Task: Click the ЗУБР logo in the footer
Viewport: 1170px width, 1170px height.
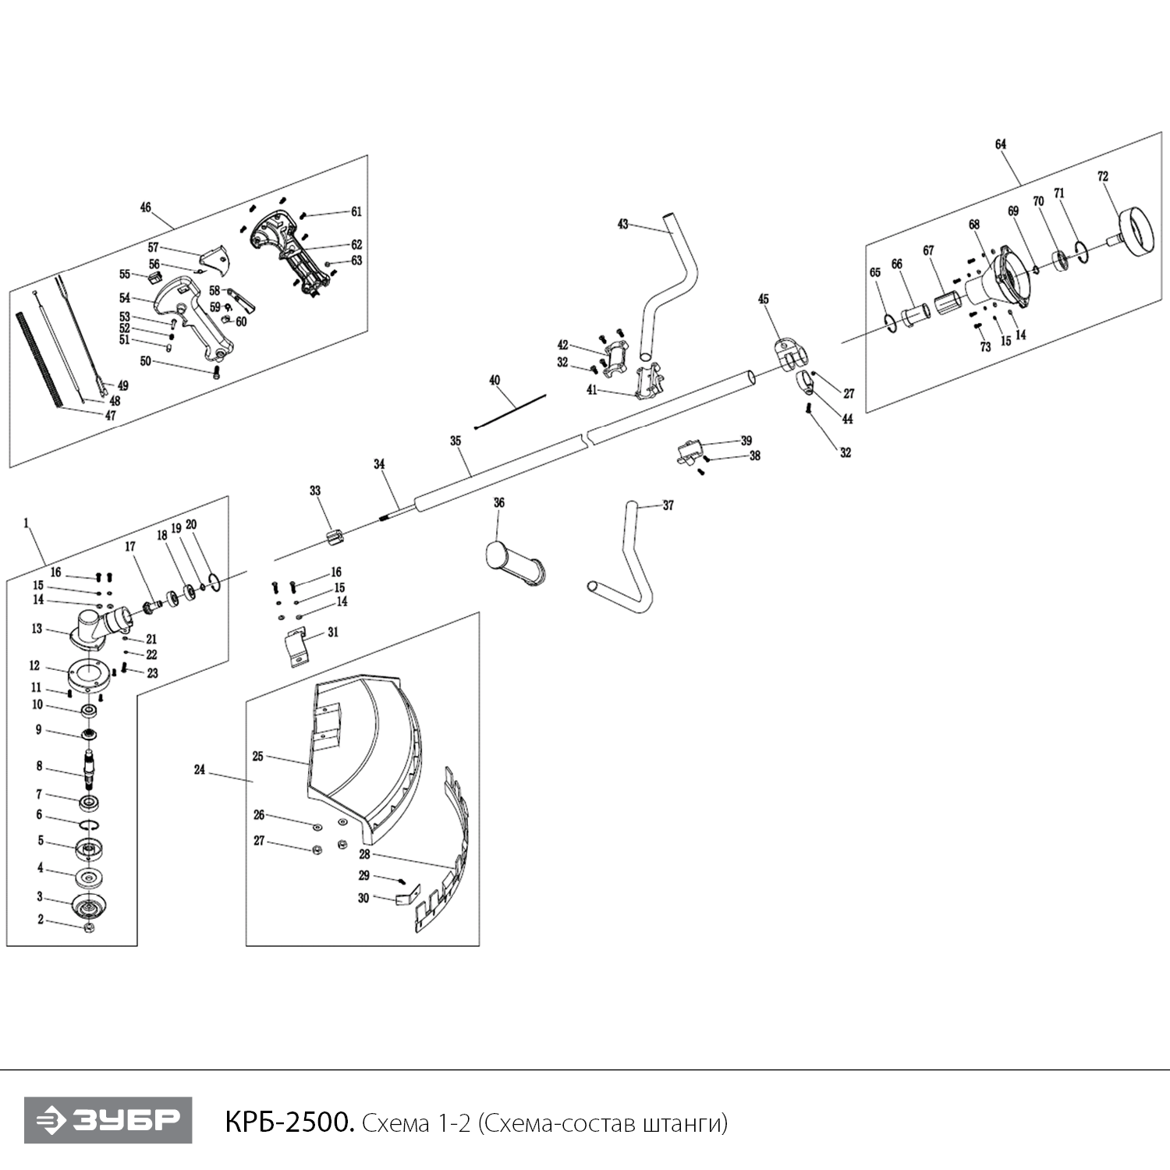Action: click(x=108, y=1121)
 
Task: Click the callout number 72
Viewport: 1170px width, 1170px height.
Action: click(x=1102, y=177)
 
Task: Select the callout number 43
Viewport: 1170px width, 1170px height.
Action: click(x=622, y=225)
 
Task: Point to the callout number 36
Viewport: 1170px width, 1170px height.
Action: click(x=499, y=503)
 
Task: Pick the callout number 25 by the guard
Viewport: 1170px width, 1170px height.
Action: click(x=258, y=757)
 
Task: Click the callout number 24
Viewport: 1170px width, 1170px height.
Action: click(x=200, y=770)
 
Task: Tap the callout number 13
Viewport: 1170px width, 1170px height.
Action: click(x=37, y=629)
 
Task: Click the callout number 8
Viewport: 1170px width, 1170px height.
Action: click(x=39, y=766)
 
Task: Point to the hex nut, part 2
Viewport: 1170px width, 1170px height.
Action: click(x=89, y=927)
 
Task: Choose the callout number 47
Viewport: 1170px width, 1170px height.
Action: click(x=110, y=416)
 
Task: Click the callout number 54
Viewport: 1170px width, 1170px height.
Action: click(x=124, y=298)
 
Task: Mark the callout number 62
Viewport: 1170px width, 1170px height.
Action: click(x=356, y=245)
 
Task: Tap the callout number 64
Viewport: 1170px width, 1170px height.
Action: click(x=1001, y=144)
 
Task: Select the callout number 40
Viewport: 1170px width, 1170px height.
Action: click(x=495, y=381)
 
